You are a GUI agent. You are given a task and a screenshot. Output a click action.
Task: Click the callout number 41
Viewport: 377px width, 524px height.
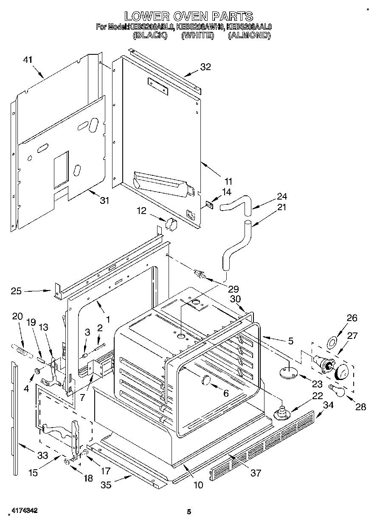[x=28, y=60]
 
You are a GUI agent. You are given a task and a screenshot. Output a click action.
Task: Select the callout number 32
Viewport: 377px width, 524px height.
[x=205, y=67]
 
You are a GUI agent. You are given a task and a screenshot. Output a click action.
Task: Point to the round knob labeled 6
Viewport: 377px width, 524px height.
[x=205, y=380]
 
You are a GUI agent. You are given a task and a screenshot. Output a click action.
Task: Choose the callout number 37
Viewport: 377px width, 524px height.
[x=256, y=473]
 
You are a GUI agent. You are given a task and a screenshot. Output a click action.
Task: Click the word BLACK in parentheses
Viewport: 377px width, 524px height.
[x=149, y=36]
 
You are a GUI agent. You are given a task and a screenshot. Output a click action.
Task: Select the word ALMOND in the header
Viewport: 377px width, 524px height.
[x=249, y=36]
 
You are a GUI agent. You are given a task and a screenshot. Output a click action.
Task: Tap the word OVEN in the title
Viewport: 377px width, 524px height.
[x=187, y=17]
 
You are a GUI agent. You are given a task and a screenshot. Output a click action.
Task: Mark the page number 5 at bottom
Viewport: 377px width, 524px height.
[x=189, y=512]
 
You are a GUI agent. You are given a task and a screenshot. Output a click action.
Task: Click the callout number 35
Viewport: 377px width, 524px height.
[x=106, y=485]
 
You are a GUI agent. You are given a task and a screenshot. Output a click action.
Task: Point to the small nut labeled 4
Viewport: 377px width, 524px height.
[x=37, y=371]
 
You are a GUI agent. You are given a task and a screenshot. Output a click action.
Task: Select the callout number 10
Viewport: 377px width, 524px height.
[x=198, y=485]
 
